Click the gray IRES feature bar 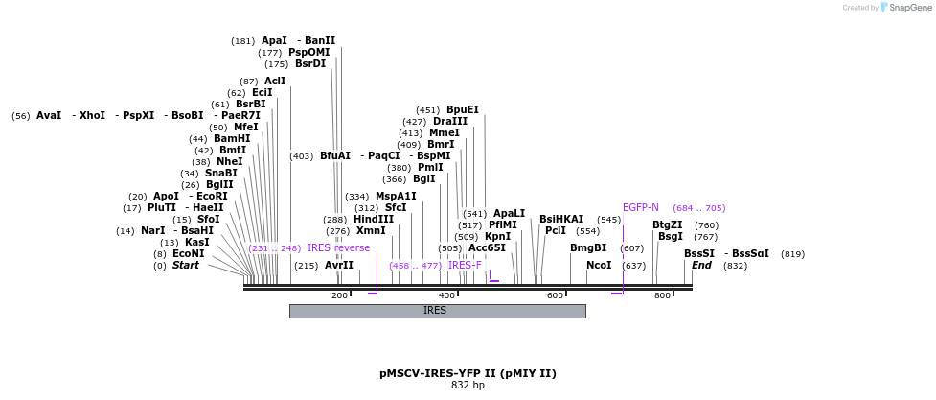click(437, 311)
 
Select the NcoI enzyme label click(599, 266)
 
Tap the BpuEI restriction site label click(463, 110)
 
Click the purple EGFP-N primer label click(641, 208)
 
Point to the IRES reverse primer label click(338, 248)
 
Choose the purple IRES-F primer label click(466, 266)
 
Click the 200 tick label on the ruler click(339, 295)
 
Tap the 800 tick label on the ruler click(662, 295)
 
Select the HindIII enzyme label click(374, 220)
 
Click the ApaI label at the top click(274, 41)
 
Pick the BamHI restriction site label click(232, 139)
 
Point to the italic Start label click(186, 266)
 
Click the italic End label click(701, 266)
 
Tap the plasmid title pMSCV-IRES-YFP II click(468, 373)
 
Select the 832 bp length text click(468, 386)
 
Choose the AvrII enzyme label click(339, 266)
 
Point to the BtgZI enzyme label click(668, 225)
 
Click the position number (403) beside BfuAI click(302, 156)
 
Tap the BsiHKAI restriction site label click(561, 220)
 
